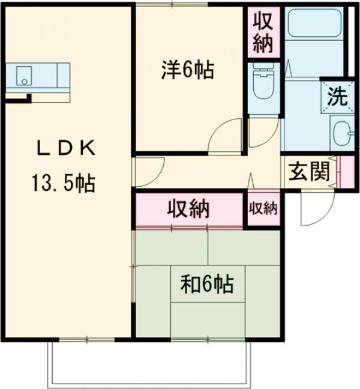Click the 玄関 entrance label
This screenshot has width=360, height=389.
click(310, 172)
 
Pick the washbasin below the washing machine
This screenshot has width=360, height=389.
click(341, 131)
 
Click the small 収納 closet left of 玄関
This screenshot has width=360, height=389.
click(263, 208)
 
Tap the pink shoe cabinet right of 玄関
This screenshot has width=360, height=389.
click(346, 172)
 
